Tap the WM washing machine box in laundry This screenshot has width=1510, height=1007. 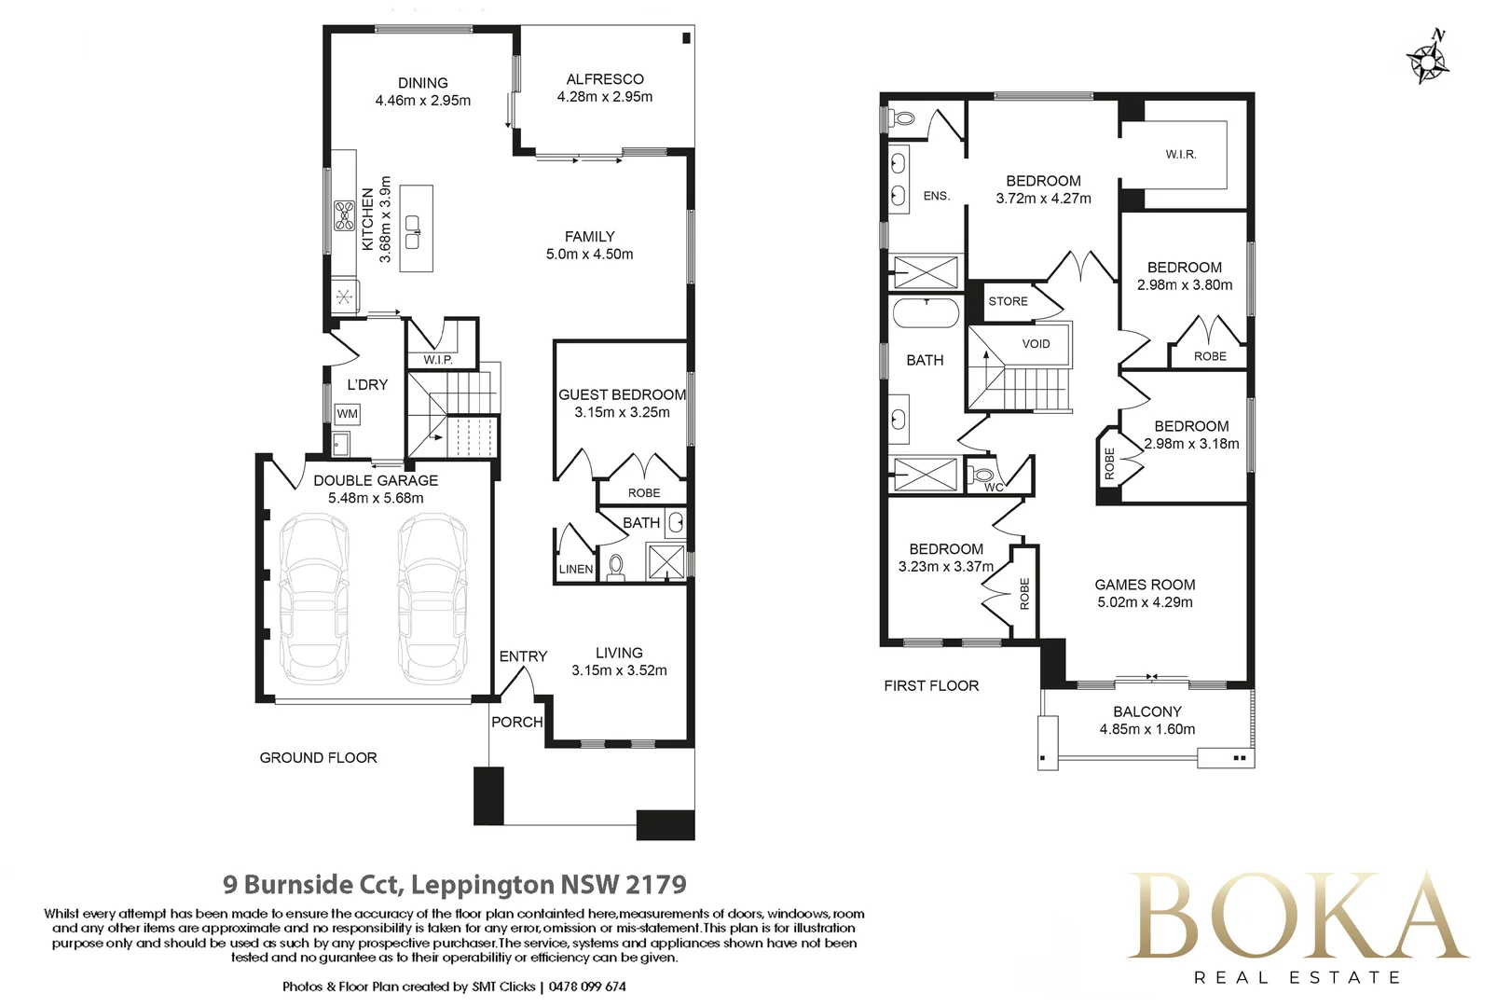click(347, 413)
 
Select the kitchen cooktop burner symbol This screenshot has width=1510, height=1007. click(345, 215)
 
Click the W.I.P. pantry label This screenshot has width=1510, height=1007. click(438, 360)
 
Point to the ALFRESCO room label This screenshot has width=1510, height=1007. click(605, 79)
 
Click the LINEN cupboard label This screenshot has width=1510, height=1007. click(576, 570)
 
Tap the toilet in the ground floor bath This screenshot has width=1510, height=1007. click(616, 567)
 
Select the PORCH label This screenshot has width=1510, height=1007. click(517, 723)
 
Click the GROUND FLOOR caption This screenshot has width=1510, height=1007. click(318, 758)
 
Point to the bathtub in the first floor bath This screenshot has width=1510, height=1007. click(926, 313)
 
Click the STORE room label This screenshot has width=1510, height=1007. click(1008, 301)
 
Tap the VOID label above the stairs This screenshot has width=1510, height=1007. click(1036, 344)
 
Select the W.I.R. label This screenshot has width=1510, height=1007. click(1181, 155)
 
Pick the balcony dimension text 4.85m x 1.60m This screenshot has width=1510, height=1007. click(1147, 729)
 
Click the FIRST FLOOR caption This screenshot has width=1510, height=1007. click(931, 686)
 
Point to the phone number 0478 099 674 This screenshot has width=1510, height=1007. click(587, 986)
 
